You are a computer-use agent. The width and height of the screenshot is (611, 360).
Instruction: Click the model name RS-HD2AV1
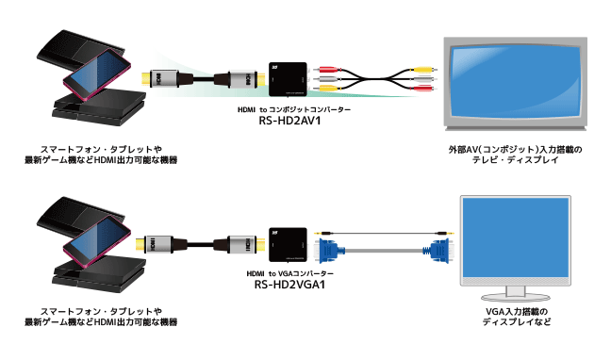tap(289, 121)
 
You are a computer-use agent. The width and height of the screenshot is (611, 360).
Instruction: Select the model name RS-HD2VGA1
tap(289, 285)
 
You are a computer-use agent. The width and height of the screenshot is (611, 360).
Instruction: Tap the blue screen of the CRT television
tap(515, 82)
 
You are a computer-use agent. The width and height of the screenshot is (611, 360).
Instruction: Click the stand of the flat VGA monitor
tap(516, 293)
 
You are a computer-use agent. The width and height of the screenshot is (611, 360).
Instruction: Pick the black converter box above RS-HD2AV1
tap(288, 79)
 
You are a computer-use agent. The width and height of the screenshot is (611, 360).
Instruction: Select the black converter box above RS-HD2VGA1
tap(288, 244)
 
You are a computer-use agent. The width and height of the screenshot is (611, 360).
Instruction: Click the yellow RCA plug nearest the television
tap(424, 70)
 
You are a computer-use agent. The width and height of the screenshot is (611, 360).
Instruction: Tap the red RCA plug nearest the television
tap(424, 89)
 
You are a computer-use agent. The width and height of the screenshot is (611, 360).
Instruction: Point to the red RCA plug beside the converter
tap(326, 70)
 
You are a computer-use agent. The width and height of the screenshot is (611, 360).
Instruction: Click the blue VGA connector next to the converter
tap(330, 250)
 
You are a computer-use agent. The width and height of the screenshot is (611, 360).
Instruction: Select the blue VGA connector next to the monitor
tap(439, 250)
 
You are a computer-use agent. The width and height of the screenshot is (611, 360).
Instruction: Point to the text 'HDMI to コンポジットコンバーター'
tap(294, 110)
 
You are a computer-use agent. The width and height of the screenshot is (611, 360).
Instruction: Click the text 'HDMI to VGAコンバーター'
tap(289, 274)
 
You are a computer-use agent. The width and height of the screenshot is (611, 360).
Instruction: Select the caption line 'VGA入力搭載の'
tap(517, 312)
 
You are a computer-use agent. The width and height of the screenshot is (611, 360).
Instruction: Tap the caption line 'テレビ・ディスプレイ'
tap(515, 160)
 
